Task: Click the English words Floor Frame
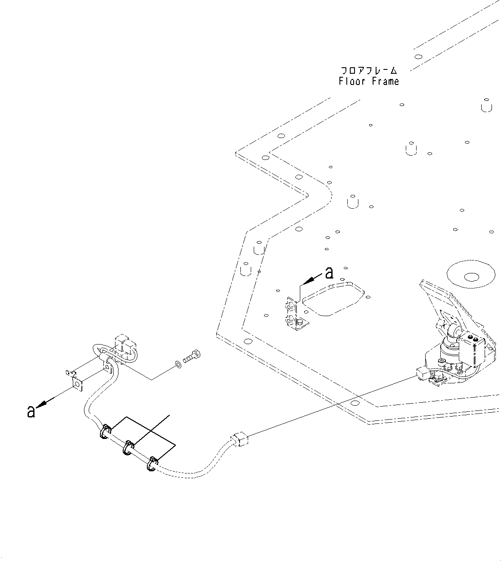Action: (x=369, y=81)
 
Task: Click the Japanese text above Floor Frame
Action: (x=369, y=70)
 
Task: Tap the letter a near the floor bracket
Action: (x=329, y=273)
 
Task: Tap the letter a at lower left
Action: (x=31, y=411)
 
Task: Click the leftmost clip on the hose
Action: (x=105, y=432)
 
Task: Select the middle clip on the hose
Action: (x=128, y=448)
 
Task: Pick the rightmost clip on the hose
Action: (x=152, y=464)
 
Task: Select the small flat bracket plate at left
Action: (x=76, y=381)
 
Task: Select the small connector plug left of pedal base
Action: (x=422, y=373)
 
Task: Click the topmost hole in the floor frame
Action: (x=417, y=56)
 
